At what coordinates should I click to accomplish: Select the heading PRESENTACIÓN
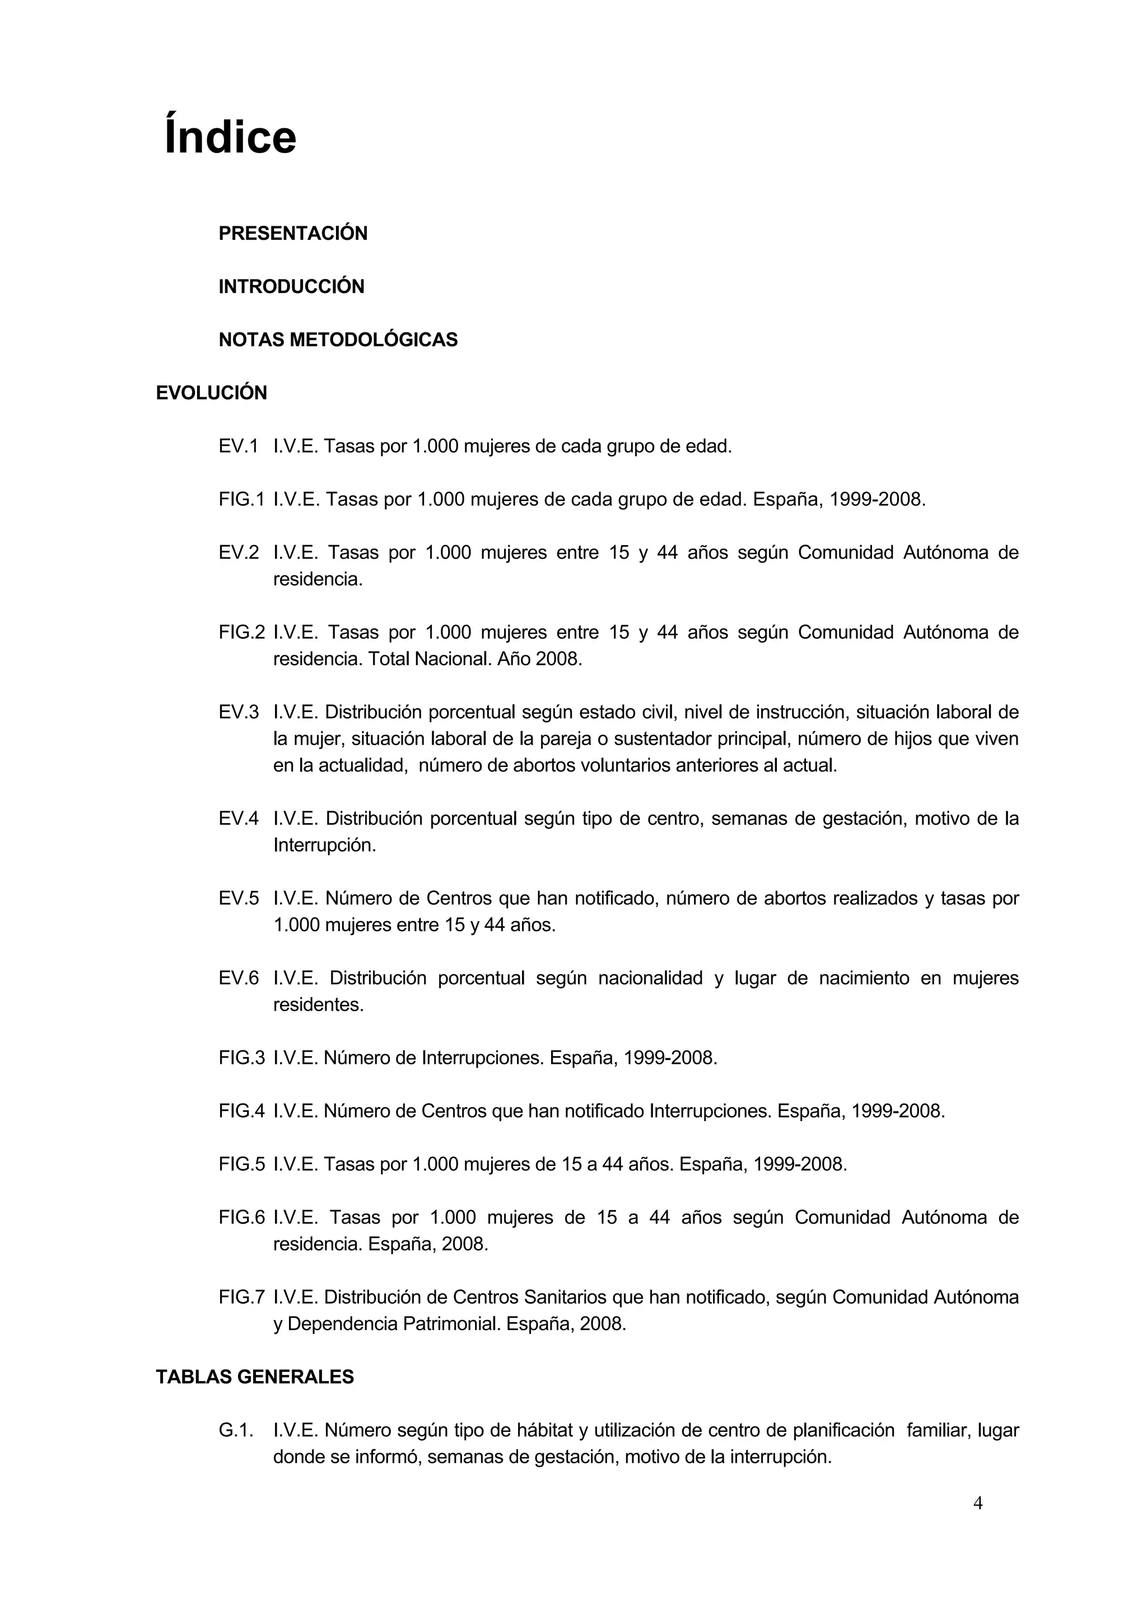tap(292, 233)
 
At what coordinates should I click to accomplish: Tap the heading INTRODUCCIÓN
tap(291, 286)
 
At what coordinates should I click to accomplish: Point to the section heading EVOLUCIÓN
tap(211, 393)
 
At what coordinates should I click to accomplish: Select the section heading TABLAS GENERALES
tap(254, 1378)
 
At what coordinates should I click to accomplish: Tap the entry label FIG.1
tap(241, 500)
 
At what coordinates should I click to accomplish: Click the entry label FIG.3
tap(241, 1058)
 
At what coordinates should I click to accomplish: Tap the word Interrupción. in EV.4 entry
tap(324, 845)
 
